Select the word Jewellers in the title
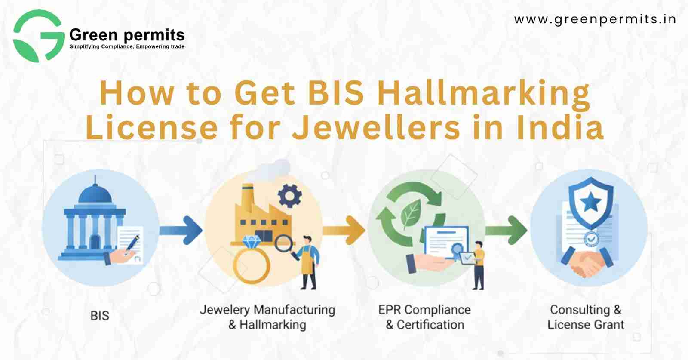click(x=376, y=127)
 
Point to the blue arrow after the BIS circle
click(x=181, y=230)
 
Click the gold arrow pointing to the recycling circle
click(x=344, y=230)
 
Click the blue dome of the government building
click(x=95, y=194)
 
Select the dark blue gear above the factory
click(x=290, y=196)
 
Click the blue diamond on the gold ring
click(x=252, y=242)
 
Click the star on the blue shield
click(x=590, y=203)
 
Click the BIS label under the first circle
click(x=100, y=316)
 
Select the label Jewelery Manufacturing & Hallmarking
click(x=267, y=317)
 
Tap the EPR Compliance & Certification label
click(x=424, y=317)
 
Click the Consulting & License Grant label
click(x=586, y=317)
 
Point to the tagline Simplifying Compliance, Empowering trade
click(x=127, y=47)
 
